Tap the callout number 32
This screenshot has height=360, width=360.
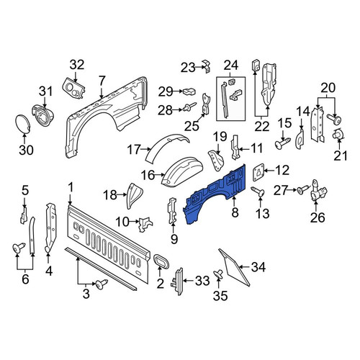[77, 65]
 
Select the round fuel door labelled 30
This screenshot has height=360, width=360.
[22, 124]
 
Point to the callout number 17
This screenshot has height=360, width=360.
[134, 149]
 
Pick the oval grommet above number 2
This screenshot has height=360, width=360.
[161, 261]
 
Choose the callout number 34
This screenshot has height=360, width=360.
[258, 267]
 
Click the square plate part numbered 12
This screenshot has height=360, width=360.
[258, 171]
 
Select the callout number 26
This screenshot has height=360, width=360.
[318, 217]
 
